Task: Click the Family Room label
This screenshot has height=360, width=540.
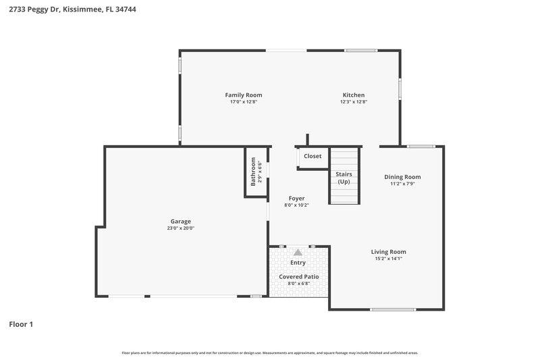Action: coord(244,95)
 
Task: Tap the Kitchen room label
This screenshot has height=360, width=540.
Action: coord(354,95)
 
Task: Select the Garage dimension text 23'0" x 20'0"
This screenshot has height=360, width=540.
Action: coord(180,228)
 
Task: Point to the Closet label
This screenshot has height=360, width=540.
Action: coord(313,156)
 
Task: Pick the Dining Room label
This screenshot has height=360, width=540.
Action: coord(402,177)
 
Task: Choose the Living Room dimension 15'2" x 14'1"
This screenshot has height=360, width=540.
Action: coord(388,259)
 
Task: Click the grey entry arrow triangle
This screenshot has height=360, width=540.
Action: coord(298,252)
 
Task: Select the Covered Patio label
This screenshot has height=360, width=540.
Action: coord(298,277)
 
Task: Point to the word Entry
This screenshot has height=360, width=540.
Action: coord(298,263)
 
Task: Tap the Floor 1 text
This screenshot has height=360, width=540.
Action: coord(21,324)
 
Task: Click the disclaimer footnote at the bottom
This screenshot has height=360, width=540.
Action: coord(269,353)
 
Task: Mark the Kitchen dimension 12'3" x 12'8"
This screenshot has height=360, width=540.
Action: coord(354,102)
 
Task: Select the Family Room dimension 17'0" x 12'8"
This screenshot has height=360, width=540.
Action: coord(244,102)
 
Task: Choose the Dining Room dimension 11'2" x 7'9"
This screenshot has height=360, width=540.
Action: coord(402,184)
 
